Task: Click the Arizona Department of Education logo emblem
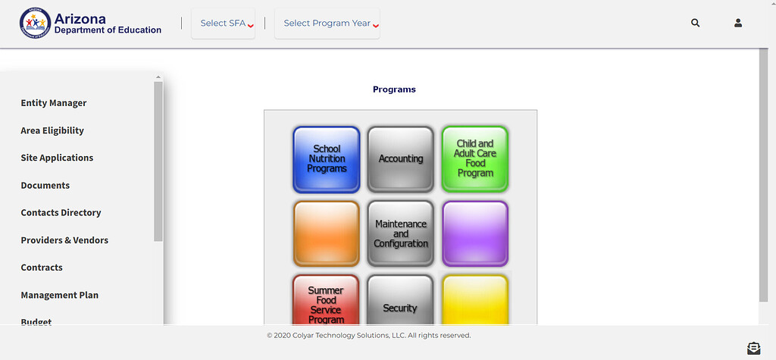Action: (35, 23)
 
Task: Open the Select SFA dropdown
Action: (224, 23)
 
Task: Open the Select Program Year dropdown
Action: (327, 23)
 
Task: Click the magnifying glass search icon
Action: (696, 23)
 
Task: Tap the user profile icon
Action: (738, 23)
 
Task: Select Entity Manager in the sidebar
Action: (54, 103)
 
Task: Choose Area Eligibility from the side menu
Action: (52, 130)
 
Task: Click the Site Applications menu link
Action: (57, 158)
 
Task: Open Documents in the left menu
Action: (45, 185)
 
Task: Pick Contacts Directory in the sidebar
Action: (61, 212)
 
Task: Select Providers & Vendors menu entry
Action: (64, 240)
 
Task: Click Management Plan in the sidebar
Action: (59, 295)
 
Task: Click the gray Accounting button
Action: (401, 159)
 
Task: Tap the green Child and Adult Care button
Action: (475, 159)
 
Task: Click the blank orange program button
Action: (327, 233)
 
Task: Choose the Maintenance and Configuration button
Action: (401, 233)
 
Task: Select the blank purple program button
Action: (475, 233)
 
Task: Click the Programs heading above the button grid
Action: (394, 89)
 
